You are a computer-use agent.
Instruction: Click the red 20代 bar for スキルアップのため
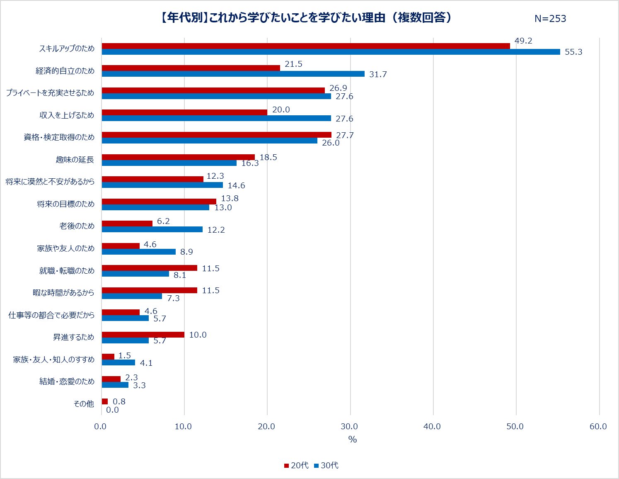[x=306, y=46]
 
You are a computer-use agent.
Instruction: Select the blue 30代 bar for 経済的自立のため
[x=233, y=74]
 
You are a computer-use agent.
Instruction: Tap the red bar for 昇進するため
[x=143, y=335]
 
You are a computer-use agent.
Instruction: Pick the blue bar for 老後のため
[x=152, y=229]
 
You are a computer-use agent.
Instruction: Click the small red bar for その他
[x=104, y=401]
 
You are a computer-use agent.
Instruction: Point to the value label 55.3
[x=573, y=52]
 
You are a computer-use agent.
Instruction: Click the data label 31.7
[x=378, y=74]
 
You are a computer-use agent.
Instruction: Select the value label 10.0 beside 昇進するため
[x=198, y=335]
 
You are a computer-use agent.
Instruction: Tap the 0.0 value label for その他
[x=112, y=410]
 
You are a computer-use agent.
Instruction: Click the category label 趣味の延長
[x=75, y=160]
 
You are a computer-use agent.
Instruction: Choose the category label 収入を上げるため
[x=67, y=115]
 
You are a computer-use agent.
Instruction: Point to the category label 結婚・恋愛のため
[x=67, y=382]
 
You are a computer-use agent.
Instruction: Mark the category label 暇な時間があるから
[x=63, y=293]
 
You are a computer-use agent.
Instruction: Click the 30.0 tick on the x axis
[x=349, y=426]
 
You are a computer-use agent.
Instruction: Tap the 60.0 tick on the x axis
[x=598, y=426]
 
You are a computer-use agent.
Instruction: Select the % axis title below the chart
[x=352, y=439]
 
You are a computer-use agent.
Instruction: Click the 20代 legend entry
[x=296, y=465]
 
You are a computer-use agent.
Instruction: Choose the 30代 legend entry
[x=326, y=465]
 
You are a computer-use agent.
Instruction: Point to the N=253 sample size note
[x=550, y=19]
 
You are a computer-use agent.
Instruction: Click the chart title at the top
[x=305, y=17]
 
